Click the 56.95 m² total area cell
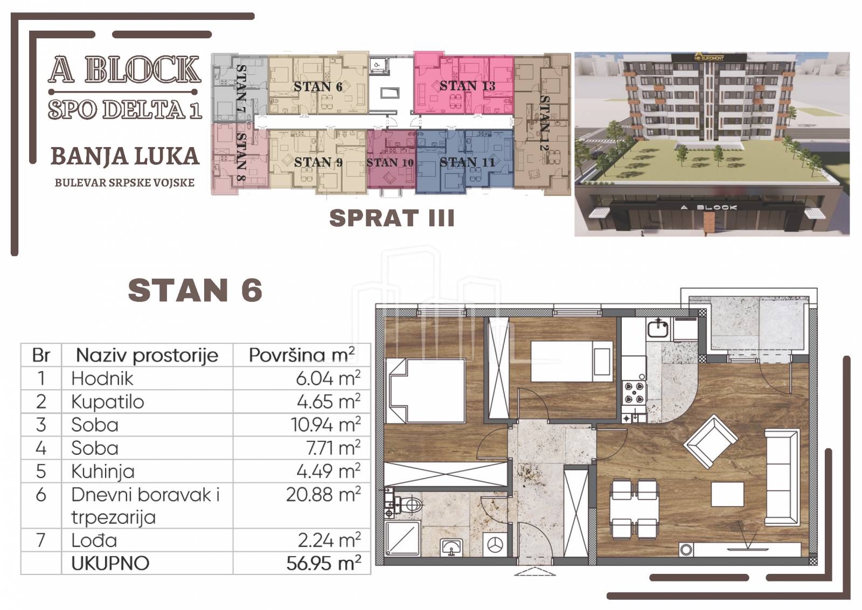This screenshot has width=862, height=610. [x=324, y=563]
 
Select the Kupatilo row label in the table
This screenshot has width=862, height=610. [x=107, y=402]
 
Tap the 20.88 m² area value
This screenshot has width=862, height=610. [x=324, y=495]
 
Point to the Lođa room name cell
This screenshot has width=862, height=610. [x=94, y=540]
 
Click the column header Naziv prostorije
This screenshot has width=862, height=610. [x=147, y=355]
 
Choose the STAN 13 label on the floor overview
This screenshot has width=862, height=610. [x=467, y=86]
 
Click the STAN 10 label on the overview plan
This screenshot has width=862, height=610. [x=390, y=163]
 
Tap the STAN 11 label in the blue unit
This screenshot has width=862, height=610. [x=467, y=162]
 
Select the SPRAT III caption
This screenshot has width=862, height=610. [x=392, y=218]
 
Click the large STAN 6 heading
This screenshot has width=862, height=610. [x=195, y=290]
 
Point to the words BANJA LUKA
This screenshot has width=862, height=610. [x=125, y=156]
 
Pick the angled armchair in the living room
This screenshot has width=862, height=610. [x=711, y=441]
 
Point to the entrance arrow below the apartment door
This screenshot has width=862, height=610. [x=534, y=571]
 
